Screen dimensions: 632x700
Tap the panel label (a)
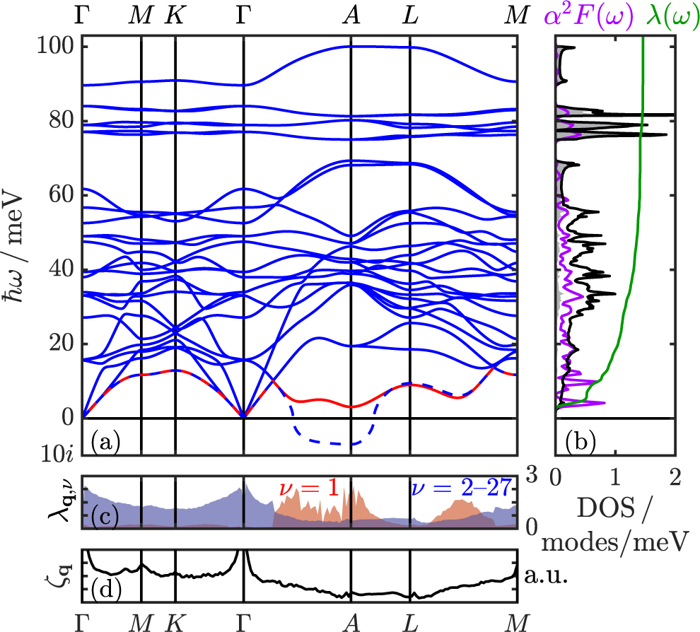[x=105, y=443]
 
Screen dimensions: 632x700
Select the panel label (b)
[x=581, y=443]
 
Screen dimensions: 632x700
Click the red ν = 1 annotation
[x=306, y=488]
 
